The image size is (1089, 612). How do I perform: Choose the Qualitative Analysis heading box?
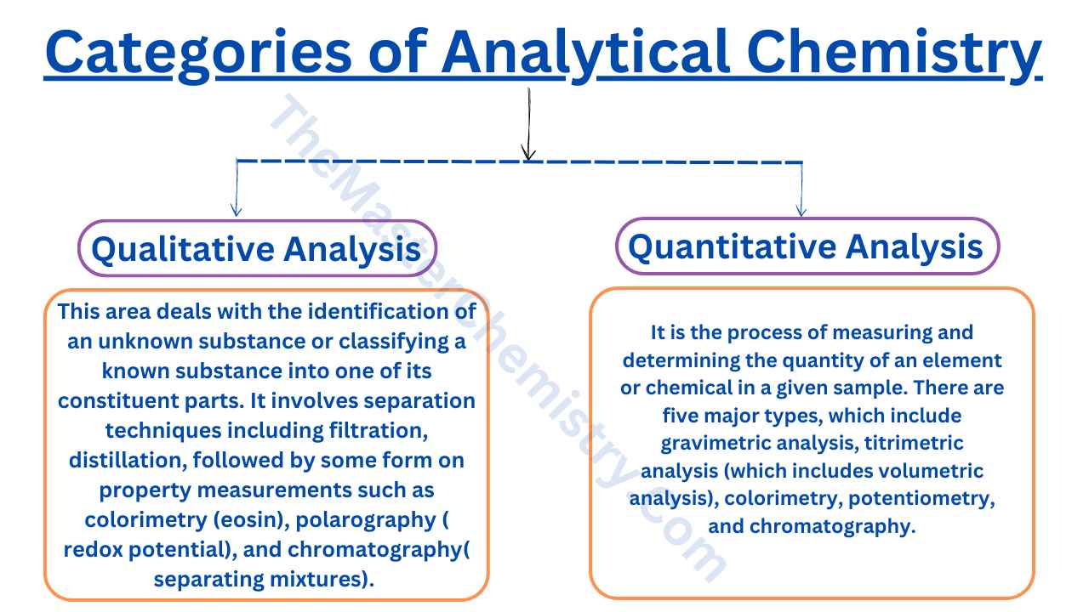(256, 249)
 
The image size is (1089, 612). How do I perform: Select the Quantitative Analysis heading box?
(806, 246)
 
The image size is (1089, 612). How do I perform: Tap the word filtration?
(374, 430)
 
